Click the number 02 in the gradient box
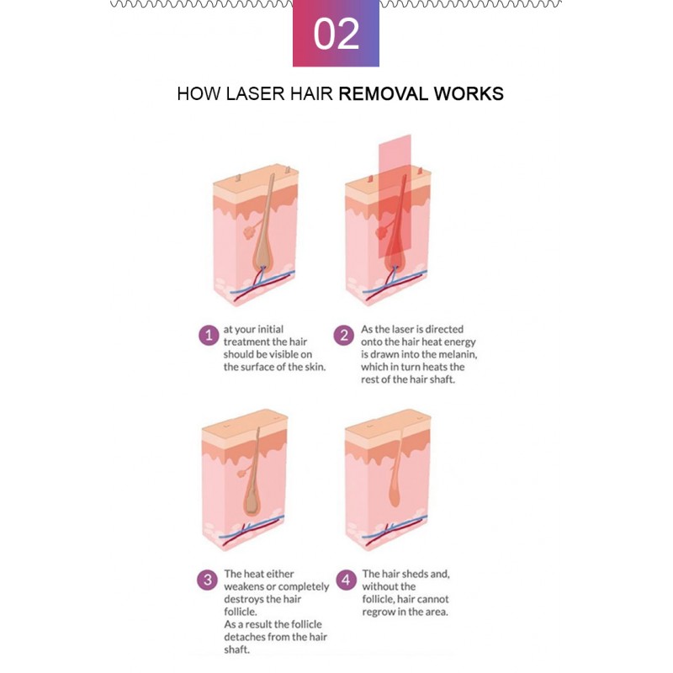pos(336,34)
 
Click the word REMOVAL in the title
pos(384,93)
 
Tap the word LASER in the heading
pos(255,93)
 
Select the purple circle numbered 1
pos(208,336)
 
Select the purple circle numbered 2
pos(343,336)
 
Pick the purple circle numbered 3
pos(207,580)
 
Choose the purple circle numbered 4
pos(346,580)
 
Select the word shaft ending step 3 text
pos(237,649)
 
